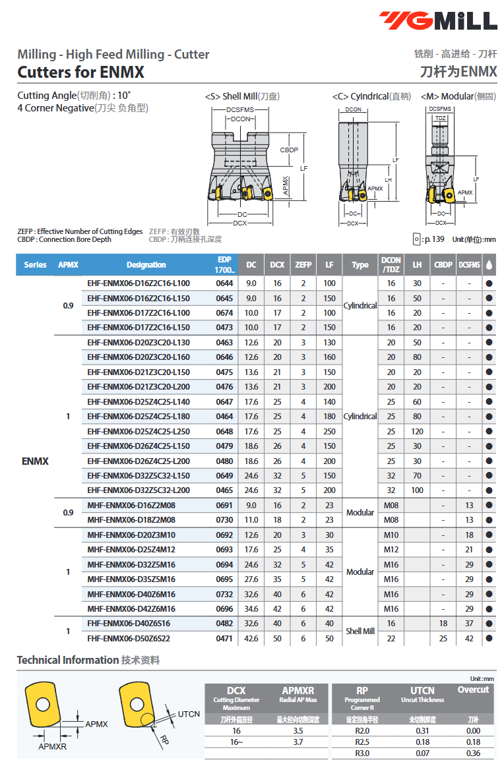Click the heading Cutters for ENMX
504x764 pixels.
80,72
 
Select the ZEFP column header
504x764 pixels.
303,265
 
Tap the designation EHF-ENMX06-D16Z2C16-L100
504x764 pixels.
139,283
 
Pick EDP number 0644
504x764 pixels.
224,283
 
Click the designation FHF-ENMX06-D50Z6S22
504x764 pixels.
129,638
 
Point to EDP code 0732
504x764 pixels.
224,594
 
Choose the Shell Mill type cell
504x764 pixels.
360,631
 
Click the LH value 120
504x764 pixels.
417,431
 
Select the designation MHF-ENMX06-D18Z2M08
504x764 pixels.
131,519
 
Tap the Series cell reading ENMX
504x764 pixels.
35,461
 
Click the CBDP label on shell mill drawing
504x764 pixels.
289,150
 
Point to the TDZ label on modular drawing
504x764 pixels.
440,118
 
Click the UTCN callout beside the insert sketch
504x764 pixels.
189,714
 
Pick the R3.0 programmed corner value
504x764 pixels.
362,753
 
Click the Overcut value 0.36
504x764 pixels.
473,753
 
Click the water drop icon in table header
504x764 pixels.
489,265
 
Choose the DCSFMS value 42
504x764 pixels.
469,638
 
